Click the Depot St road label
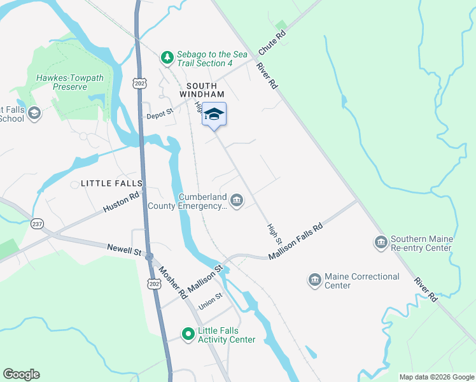[x=159, y=114]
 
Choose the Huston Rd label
[x=120, y=203]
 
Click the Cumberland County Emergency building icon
[x=237, y=201]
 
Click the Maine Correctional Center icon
[x=314, y=281]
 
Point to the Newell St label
[x=123, y=250]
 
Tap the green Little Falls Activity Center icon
[x=188, y=334]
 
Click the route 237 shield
[x=36, y=223]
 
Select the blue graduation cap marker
[x=214, y=115]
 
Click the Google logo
[x=22, y=374]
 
